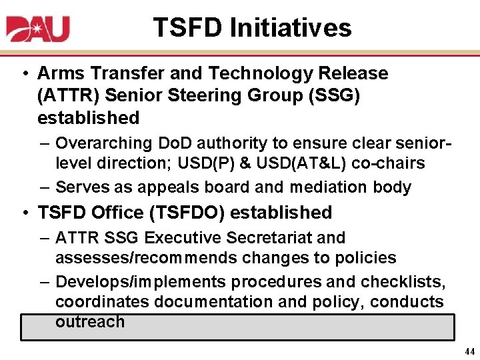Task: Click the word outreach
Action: coord(90,321)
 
